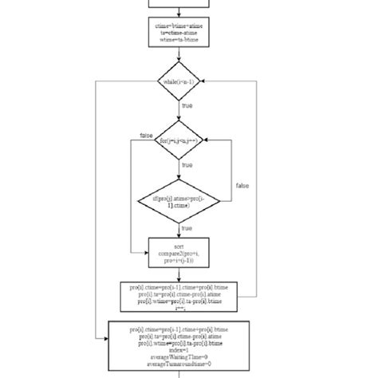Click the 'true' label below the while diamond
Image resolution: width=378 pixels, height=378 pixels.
tap(187, 105)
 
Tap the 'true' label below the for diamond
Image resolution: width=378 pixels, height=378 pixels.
tap(187, 165)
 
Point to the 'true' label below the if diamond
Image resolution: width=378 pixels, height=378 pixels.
tap(187, 228)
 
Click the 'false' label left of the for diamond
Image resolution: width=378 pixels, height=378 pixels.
tap(146, 136)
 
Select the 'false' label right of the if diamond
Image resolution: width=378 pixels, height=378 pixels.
tap(242, 185)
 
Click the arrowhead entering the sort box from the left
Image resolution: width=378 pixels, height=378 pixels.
tap(147, 253)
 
